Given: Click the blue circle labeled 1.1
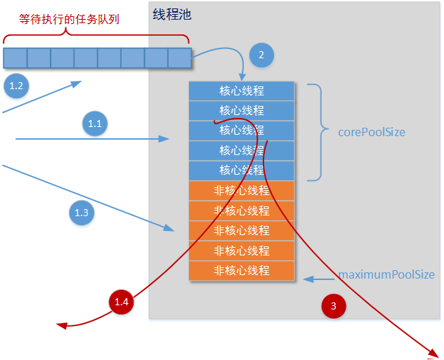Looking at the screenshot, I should (x=95, y=124).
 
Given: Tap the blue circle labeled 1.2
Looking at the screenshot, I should (x=16, y=86).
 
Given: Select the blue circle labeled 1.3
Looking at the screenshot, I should (x=81, y=212).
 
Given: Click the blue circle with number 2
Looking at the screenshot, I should (x=261, y=55).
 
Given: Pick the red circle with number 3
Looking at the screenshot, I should (x=334, y=306).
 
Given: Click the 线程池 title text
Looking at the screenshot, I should (x=172, y=15).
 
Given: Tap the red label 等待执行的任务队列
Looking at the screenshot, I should (x=69, y=19).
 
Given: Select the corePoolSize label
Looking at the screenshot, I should (x=372, y=132).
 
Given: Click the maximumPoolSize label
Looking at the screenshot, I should (x=386, y=275).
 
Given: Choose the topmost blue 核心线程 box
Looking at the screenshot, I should (x=242, y=91).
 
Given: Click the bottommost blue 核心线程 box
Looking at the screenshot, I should (x=242, y=171).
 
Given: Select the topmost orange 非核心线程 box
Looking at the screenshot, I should (x=242, y=190).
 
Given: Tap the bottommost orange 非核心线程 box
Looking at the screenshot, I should (x=242, y=270).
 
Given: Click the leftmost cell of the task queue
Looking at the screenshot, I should (x=15, y=58).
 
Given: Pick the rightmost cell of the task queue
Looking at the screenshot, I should (x=180, y=58).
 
